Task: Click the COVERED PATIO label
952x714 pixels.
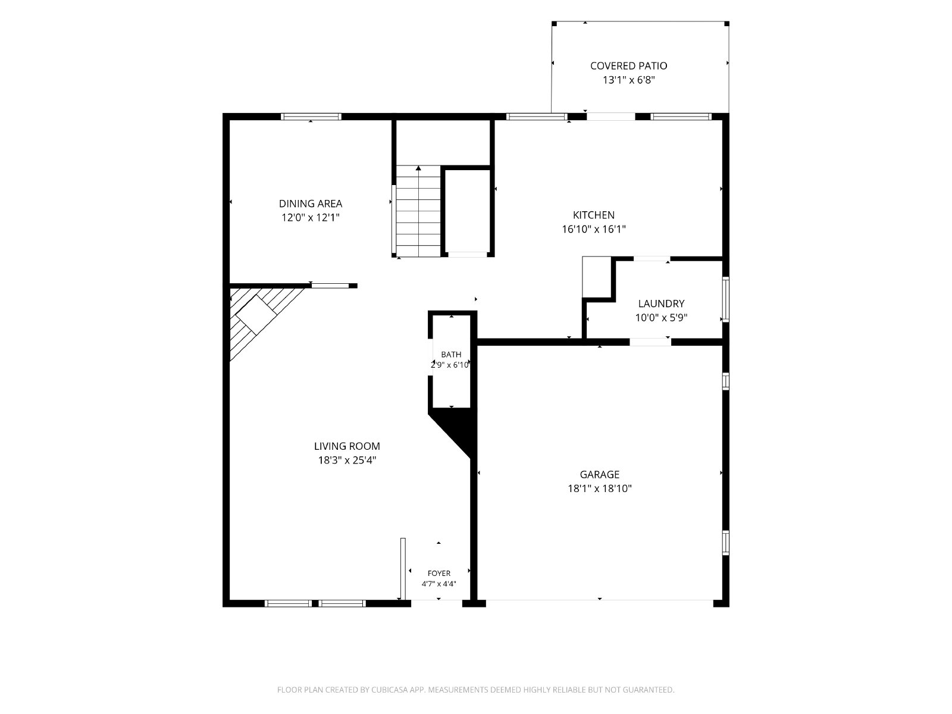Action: (628, 66)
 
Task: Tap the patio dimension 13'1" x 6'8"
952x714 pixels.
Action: (628, 80)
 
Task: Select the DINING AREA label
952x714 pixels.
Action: (311, 203)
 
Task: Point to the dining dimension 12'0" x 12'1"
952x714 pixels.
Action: (311, 218)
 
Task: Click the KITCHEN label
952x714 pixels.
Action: (594, 215)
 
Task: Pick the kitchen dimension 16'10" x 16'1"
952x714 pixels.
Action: (594, 229)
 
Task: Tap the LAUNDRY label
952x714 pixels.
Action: (661, 303)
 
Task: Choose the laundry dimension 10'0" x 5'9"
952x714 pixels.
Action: (661, 318)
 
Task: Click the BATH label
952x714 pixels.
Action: (451, 355)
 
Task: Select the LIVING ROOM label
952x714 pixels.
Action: (347, 446)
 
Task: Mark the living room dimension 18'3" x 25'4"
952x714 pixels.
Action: (347, 461)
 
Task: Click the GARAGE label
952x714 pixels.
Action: (600, 475)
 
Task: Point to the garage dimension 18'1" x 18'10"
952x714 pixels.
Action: (600, 488)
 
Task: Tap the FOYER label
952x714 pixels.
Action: (439, 574)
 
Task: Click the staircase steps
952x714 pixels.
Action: (418, 211)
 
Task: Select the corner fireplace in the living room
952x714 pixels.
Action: (260, 319)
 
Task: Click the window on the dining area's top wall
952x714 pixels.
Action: (311, 117)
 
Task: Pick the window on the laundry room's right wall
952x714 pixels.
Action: (725, 299)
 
